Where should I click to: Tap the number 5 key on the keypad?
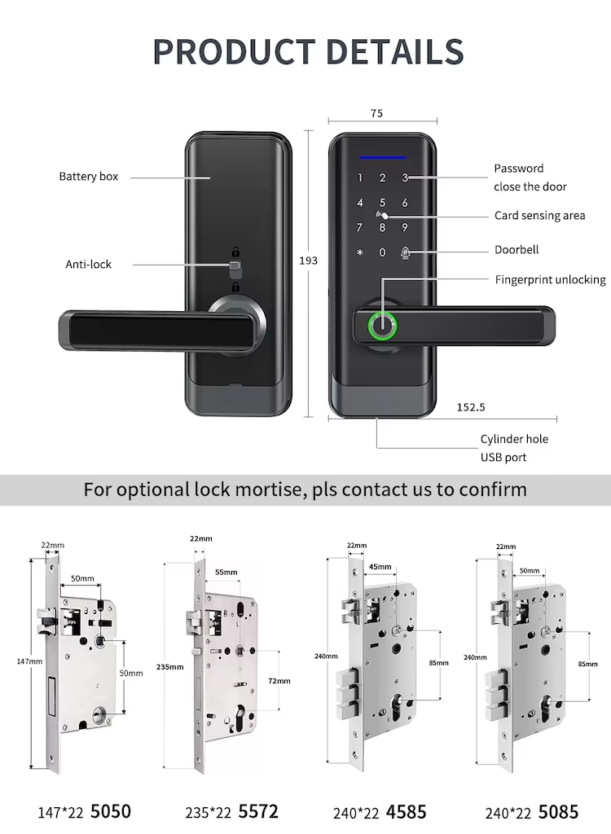click(381, 203)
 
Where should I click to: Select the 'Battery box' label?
click(88, 177)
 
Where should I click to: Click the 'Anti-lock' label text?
click(88, 264)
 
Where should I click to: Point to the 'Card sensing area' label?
click(539, 216)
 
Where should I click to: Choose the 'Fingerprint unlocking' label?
click(550, 279)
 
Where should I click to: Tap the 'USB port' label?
click(503, 457)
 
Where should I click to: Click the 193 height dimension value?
click(309, 261)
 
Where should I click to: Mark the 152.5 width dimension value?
click(472, 406)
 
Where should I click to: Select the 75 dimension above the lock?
click(376, 114)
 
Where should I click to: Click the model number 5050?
click(110, 811)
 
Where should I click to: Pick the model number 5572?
click(257, 811)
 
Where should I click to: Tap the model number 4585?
click(407, 811)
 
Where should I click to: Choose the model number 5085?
click(558, 811)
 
